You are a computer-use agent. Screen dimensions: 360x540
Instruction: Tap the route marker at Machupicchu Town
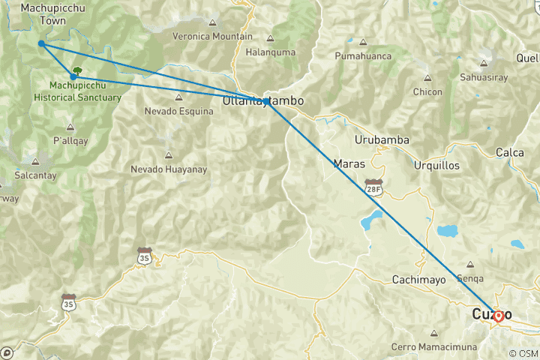(x=41, y=43)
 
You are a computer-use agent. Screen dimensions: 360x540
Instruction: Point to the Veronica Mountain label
(x=212, y=36)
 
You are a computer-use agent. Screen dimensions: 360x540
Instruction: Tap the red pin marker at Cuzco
(x=498, y=316)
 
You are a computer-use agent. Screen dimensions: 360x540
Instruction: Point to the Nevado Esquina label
(x=178, y=111)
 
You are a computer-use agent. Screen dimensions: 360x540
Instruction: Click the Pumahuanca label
(x=364, y=55)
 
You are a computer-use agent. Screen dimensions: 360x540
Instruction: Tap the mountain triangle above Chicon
(x=428, y=76)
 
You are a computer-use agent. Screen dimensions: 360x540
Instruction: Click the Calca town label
(x=509, y=152)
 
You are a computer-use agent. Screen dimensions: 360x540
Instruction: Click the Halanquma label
(x=270, y=52)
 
